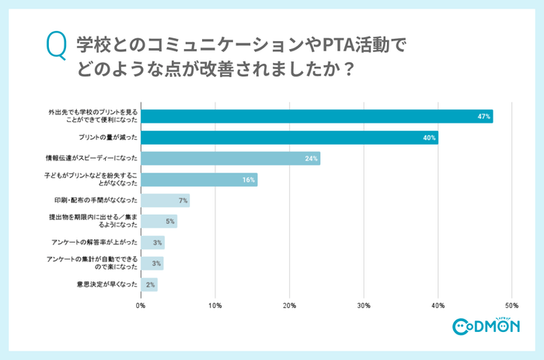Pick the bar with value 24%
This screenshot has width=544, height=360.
tap(230, 159)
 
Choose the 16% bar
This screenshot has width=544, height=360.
tap(199, 180)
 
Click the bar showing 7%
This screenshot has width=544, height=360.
tap(166, 201)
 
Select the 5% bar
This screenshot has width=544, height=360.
tap(159, 222)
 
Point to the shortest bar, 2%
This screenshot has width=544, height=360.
tap(149, 285)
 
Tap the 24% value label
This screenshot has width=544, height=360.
tap(311, 159)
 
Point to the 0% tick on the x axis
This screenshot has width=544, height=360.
tap(141, 306)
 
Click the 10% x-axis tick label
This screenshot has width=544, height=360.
tap(215, 306)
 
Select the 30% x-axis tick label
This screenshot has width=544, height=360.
tap(364, 306)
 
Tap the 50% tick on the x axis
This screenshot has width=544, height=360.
tap(512, 306)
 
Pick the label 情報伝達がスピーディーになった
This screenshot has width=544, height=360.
tap(92, 159)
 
